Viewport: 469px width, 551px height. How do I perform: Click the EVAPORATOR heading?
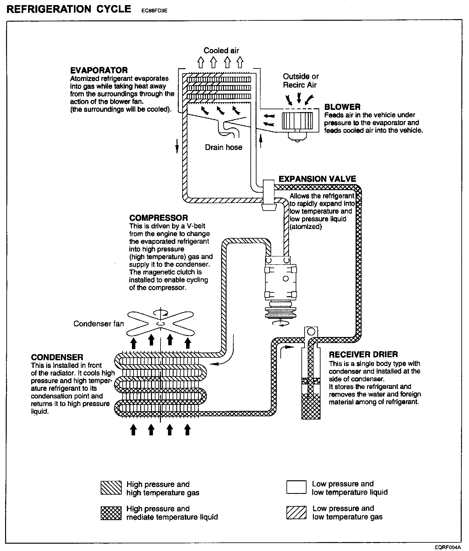coord(99,70)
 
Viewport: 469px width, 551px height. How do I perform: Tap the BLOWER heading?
coord(342,107)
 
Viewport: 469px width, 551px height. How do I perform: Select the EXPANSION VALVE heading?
coord(317,179)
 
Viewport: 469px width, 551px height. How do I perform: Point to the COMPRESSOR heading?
coord(158,218)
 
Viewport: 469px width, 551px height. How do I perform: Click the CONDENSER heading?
coord(57,357)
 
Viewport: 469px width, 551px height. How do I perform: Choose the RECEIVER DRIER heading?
coord(363,355)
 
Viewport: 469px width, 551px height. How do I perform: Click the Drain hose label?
coord(223,147)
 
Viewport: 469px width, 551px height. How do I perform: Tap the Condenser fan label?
coord(98,324)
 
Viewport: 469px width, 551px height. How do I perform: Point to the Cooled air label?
coord(221,51)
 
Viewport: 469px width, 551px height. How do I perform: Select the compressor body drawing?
coord(281,280)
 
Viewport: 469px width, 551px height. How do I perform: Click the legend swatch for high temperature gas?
coord(111,488)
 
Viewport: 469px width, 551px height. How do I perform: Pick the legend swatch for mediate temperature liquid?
coord(111,513)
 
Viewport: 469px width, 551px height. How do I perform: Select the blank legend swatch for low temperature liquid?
coord(296,487)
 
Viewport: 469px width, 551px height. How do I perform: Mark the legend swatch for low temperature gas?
coord(296,512)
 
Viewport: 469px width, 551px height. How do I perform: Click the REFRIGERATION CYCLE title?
coord(69,9)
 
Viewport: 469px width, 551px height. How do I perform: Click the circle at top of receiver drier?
coord(311,332)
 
